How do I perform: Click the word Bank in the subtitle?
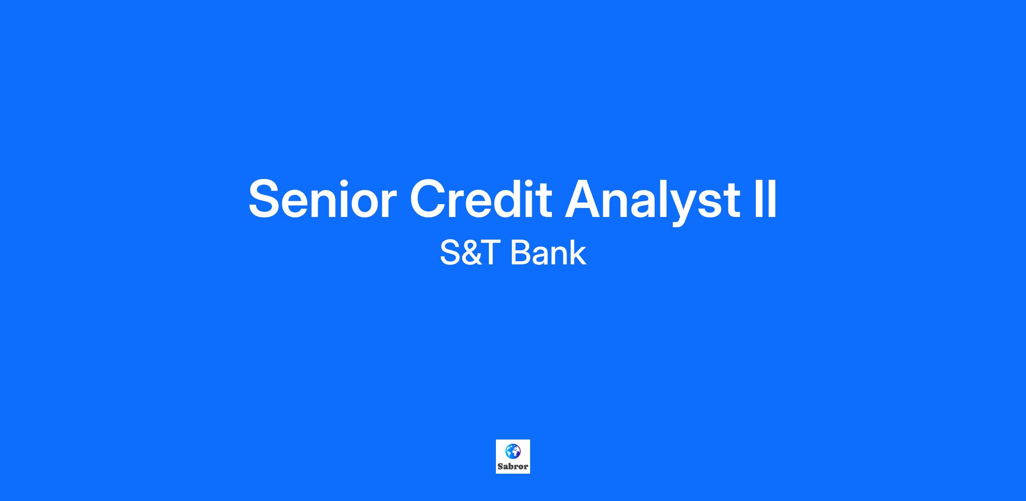coord(548,253)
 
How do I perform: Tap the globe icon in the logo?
coord(513,451)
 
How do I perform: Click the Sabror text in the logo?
coord(513,466)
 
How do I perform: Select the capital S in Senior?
coord(265,199)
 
